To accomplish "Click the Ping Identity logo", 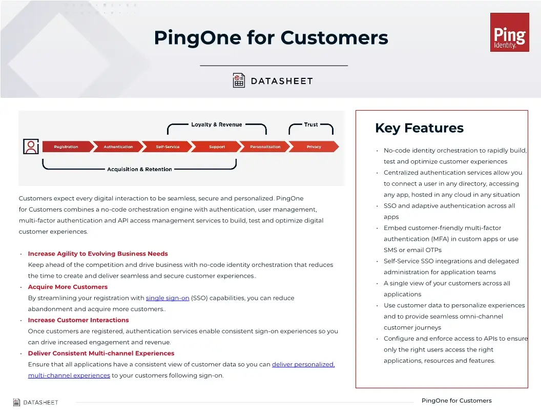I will point(509,32).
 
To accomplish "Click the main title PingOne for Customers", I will point(271,37).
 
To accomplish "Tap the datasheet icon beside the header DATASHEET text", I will point(239,80).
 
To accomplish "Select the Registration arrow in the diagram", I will point(67,147).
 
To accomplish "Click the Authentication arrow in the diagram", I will point(118,147).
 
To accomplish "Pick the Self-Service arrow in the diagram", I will point(168,147).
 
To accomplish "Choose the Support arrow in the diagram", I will point(217,147).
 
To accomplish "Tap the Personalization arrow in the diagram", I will point(265,147).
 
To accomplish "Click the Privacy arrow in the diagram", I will point(314,147).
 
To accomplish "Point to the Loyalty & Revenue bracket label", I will point(216,124).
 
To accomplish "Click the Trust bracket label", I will point(311,124).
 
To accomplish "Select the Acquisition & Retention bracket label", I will point(139,169).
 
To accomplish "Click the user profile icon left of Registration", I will point(31,147).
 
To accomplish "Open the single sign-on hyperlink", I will point(168,298).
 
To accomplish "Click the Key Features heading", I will point(419,128).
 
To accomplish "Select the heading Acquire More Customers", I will point(68,287).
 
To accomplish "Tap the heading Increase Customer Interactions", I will point(78,320).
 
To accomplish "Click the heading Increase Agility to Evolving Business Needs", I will point(98,254).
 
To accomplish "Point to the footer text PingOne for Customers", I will point(456,401).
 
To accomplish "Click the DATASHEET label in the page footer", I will point(40,403).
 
